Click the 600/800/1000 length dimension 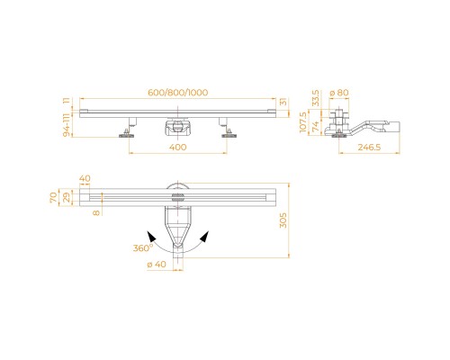point(177,93)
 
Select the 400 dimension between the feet point(178,148)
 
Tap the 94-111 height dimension point(67,125)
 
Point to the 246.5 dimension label point(369,148)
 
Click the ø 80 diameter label point(339,93)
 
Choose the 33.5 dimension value point(316,98)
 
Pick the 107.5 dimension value point(303,121)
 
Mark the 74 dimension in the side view point(316,127)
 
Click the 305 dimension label point(283,220)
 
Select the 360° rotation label point(143,248)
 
